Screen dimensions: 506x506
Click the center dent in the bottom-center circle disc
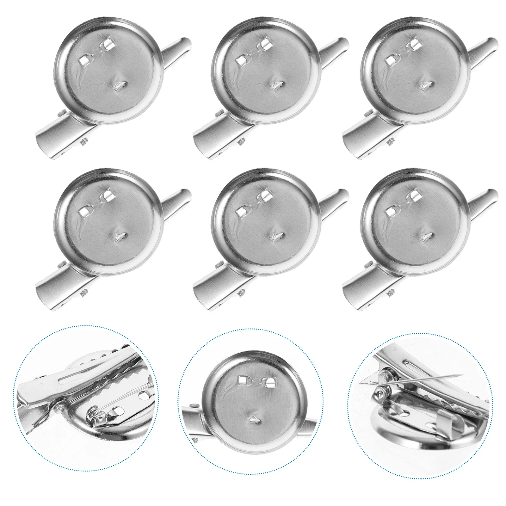tap(253, 419)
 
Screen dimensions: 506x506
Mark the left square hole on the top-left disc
tap(84, 60)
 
